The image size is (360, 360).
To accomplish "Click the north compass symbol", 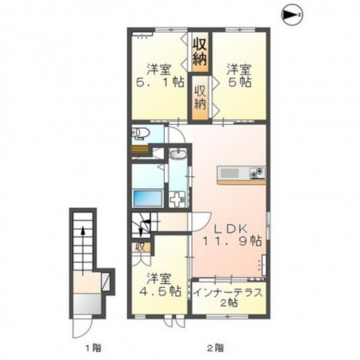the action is point(292,15).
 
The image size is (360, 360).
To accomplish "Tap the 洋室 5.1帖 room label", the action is point(160,76).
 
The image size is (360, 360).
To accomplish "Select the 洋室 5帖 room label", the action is point(239,76).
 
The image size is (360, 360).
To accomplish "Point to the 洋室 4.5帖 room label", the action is point(160,285).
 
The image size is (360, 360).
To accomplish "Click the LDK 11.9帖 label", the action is point(232,234).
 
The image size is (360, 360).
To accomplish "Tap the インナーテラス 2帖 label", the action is point(228,297).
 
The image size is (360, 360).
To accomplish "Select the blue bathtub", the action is point(147,198).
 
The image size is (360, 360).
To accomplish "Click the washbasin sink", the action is point(178,154).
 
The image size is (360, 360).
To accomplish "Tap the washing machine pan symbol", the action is point(177,199).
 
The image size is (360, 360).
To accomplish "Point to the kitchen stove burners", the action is point(258,173).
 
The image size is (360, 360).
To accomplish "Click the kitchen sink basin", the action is point(230,173).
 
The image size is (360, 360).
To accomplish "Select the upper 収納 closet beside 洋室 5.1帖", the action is point(200,52).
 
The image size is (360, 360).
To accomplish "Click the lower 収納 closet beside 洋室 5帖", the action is point(200,98).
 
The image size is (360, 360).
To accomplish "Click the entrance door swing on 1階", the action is point(82,328).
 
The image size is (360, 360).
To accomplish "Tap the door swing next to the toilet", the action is point(177,135).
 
